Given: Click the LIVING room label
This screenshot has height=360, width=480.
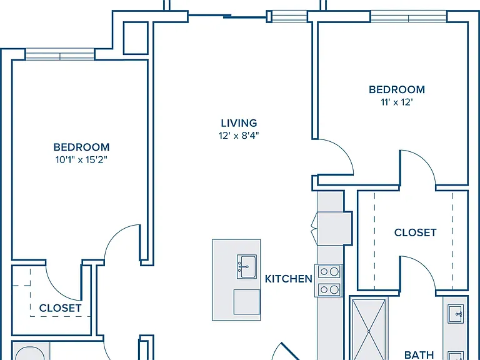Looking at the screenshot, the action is click(239, 123).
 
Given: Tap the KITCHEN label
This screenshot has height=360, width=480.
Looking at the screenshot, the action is click(288, 279).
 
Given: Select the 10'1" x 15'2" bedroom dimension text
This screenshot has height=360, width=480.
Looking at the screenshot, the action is click(81, 160).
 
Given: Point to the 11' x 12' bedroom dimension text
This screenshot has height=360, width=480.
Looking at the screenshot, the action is click(397, 102).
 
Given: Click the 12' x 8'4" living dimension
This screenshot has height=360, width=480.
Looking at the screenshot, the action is click(239, 135).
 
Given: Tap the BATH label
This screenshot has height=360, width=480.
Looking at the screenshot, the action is click(419, 355).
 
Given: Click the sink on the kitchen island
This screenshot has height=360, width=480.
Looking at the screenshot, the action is click(247, 267).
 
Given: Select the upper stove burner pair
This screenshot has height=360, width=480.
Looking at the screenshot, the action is click(329, 271).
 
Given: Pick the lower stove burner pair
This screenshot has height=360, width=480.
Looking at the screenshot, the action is click(329, 289).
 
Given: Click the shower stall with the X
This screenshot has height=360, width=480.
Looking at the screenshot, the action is click(369, 329).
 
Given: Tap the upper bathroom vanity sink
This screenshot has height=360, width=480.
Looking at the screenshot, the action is click(456, 314).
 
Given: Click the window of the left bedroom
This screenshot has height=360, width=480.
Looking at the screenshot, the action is click(60, 54).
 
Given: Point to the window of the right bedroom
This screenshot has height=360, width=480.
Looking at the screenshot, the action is click(408, 16).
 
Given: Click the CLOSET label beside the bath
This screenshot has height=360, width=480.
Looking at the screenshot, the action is click(415, 232).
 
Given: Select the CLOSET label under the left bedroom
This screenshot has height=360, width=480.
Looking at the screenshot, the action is click(60, 308).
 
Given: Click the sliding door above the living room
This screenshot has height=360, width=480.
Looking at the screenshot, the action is click(227, 16).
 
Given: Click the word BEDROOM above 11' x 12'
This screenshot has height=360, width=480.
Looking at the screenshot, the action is click(397, 90).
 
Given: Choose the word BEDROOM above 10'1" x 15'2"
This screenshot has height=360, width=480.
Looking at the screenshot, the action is click(81, 147).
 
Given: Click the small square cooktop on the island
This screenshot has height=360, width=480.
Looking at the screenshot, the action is click(246, 302).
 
